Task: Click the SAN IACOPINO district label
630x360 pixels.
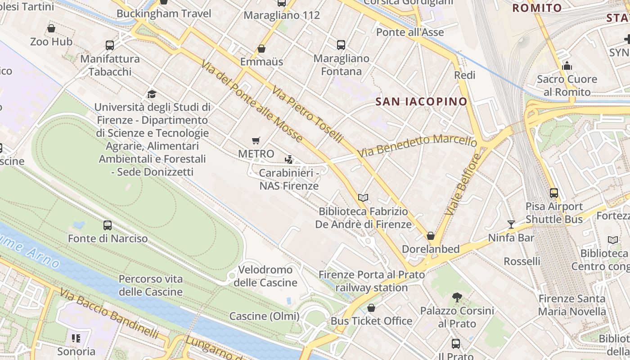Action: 422,102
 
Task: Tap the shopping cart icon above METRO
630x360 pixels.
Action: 256,141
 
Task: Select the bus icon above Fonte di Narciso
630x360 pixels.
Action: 108,225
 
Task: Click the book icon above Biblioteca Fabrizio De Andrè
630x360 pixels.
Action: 363,198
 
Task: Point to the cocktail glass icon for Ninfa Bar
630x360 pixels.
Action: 511,224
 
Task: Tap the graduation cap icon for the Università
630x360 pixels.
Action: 152,94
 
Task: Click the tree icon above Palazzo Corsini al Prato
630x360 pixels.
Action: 457,297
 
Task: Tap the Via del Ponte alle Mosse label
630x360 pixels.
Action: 252,102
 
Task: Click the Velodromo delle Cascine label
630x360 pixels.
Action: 265,276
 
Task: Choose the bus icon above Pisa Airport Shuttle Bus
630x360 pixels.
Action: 554,193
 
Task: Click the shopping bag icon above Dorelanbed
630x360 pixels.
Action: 431,236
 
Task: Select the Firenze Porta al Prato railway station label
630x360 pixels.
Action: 372,281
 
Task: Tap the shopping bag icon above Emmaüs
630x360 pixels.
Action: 261,49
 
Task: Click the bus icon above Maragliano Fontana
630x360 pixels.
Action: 341,45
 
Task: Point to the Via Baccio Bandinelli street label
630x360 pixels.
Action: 109,314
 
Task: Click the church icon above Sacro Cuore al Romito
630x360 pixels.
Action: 567,66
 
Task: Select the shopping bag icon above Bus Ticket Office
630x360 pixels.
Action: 371,308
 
